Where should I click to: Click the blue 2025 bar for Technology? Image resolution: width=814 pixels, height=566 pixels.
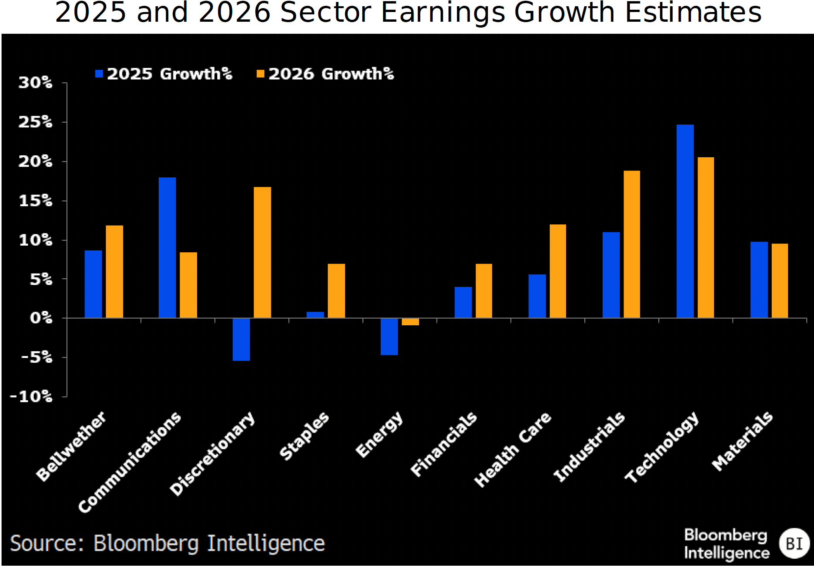point(685,221)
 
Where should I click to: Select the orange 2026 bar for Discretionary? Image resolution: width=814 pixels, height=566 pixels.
point(262,252)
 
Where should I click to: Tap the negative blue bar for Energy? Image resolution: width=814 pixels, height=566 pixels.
point(389,337)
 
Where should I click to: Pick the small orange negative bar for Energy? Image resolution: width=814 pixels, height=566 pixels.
point(410,322)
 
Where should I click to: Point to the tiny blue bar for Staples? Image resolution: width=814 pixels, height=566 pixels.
point(315,315)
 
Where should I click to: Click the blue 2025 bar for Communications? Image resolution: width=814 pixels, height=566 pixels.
point(167,248)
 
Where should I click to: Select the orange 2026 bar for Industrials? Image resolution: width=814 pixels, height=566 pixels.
point(632,244)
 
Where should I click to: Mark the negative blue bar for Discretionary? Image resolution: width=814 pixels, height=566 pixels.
point(241,339)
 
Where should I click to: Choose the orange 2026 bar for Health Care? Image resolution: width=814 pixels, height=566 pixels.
point(558,271)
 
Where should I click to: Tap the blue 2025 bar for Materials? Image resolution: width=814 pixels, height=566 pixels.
point(759,280)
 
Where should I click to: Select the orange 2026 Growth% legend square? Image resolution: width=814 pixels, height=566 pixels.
point(260,74)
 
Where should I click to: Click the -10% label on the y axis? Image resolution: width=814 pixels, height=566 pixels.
point(31,397)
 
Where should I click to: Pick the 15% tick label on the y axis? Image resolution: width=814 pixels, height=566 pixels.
point(36,201)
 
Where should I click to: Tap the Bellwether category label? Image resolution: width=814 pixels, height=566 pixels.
point(71,446)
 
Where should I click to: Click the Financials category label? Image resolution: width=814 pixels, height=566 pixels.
point(444,444)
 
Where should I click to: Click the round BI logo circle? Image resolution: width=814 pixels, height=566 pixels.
point(794,543)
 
